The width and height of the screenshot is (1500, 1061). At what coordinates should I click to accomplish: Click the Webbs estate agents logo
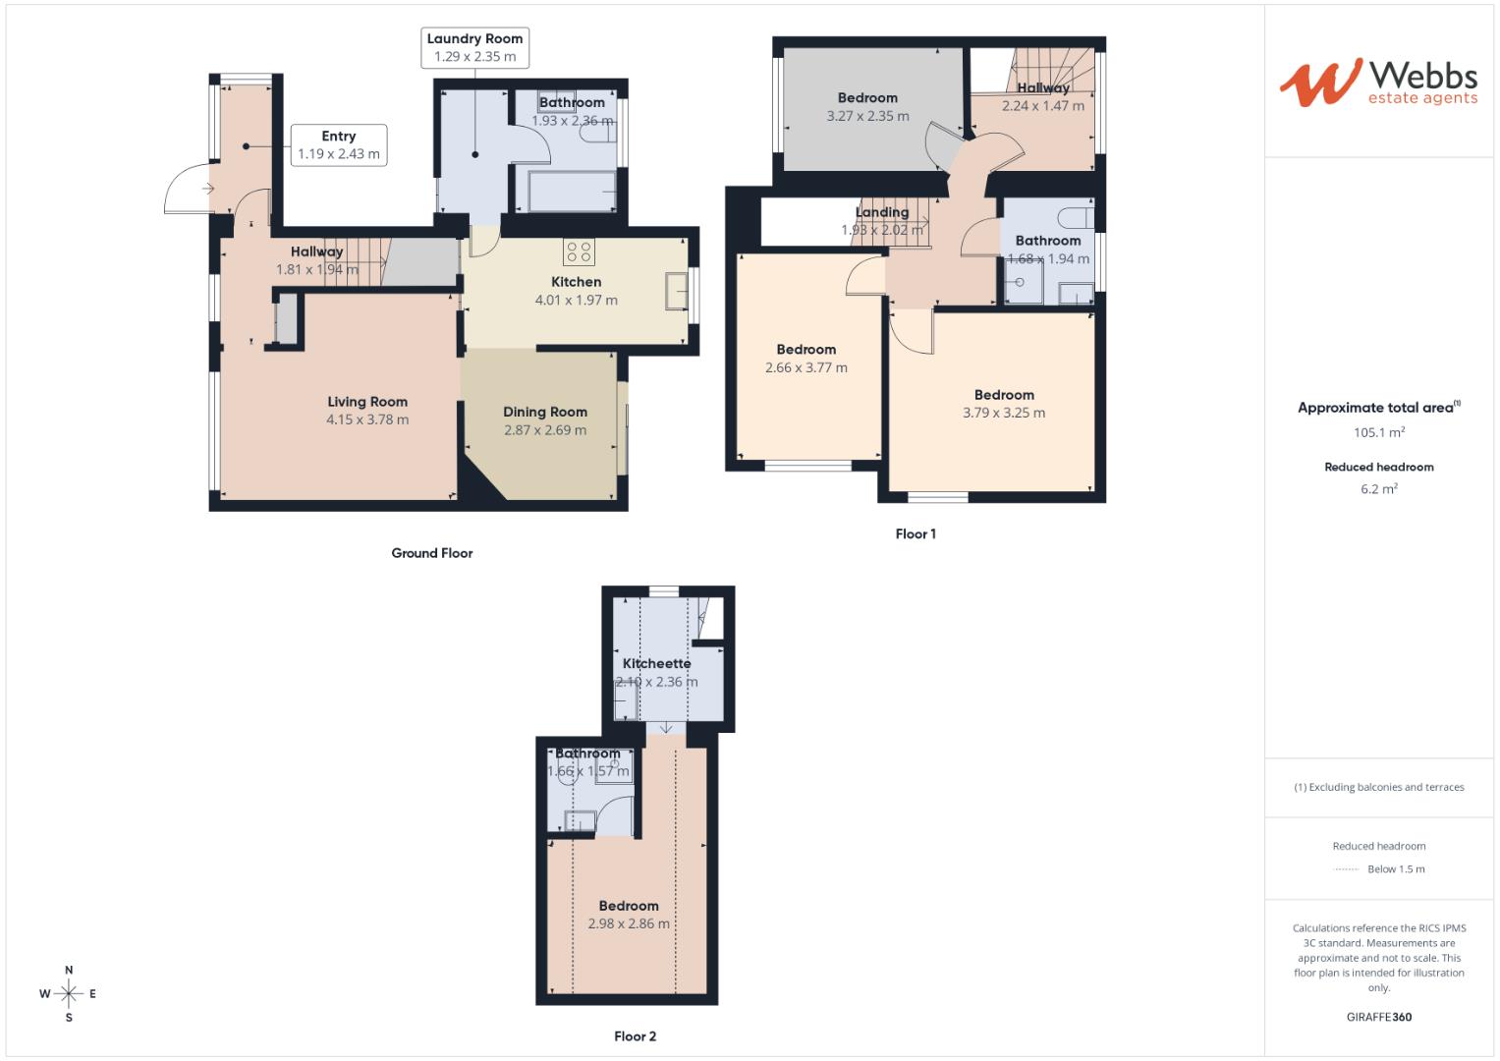click(x=1377, y=82)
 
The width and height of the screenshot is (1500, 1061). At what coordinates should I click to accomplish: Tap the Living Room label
click(x=367, y=402)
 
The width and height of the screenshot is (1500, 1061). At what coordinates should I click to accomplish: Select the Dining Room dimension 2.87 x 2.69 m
click(x=545, y=430)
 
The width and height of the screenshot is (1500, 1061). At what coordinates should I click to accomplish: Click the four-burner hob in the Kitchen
click(x=579, y=252)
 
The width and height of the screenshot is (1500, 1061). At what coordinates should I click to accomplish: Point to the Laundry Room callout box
click(x=475, y=47)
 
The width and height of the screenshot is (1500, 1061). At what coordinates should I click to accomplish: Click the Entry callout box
click(x=339, y=145)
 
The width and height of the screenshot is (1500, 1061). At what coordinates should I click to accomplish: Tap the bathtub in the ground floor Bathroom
click(x=572, y=191)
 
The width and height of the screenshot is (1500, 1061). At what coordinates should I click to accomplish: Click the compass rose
click(x=69, y=993)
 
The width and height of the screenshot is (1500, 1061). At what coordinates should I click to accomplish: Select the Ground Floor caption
click(x=432, y=553)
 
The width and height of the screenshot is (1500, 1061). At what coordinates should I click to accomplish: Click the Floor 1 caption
click(x=916, y=534)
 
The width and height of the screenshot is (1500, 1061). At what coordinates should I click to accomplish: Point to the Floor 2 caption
click(x=635, y=1036)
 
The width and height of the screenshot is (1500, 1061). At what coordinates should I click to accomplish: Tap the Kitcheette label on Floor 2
click(x=656, y=664)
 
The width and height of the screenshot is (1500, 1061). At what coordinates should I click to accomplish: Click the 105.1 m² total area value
click(x=1379, y=432)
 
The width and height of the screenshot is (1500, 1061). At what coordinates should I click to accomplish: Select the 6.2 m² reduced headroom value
click(x=1379, y=488)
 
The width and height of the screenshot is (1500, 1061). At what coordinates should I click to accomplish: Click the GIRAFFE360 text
click(x=1379, y=1017)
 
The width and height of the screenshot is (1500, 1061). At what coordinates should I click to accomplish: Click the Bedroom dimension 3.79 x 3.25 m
click(x=1004, y=413)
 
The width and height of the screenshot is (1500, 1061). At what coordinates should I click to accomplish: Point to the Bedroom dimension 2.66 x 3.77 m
click(x=806, y=367)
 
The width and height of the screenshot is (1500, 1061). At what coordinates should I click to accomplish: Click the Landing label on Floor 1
click(x=882, y=212)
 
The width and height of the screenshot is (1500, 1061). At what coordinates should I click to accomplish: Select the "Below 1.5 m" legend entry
click(x=1395, y=869)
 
